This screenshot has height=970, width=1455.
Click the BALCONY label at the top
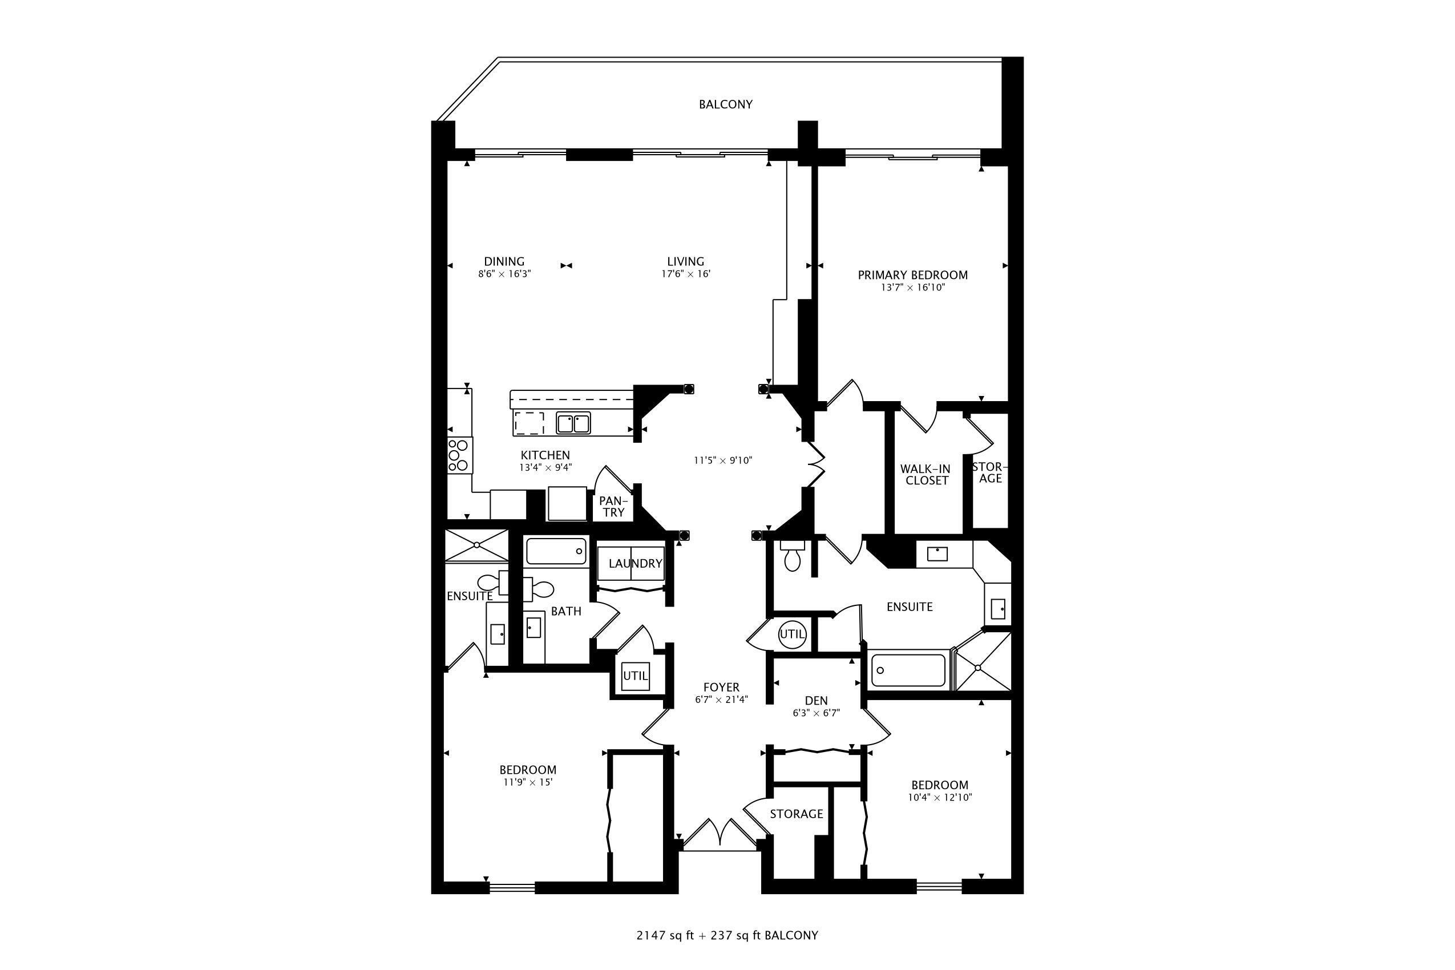pos(725,104)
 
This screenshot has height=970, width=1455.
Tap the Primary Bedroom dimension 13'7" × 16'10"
pos(912,288)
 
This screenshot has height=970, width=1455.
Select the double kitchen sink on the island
pos(573,424)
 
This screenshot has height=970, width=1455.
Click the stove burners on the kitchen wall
pos(459,455)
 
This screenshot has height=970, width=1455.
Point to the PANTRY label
pos(613,507)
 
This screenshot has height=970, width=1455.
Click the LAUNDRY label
pos(634,564)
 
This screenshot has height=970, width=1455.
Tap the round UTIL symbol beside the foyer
pos(792,634)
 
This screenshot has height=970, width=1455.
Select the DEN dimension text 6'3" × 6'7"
pos(816,713)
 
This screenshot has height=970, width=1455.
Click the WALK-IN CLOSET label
pos(926,475)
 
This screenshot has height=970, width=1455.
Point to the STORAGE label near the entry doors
pos(796,814)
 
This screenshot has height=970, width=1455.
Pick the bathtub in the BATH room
pos(556,551)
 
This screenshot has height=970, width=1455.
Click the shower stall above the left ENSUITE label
pos(476,545)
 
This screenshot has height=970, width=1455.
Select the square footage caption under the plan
pos(727,935)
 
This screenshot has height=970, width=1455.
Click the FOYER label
pos(721,688)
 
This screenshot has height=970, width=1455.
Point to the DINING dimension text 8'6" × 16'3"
pos(504,274)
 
